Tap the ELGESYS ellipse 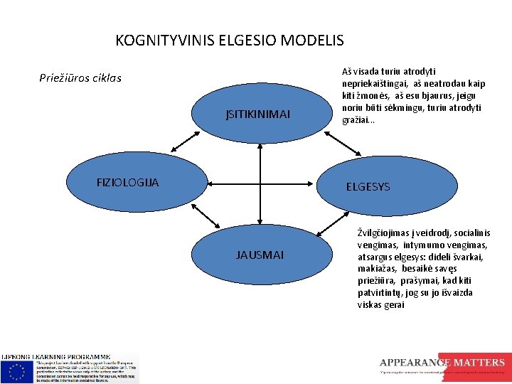tap(377, 187)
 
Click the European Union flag tap(16, 371)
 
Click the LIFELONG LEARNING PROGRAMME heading tap(55, 356)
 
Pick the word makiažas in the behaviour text tap(377, 269)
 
